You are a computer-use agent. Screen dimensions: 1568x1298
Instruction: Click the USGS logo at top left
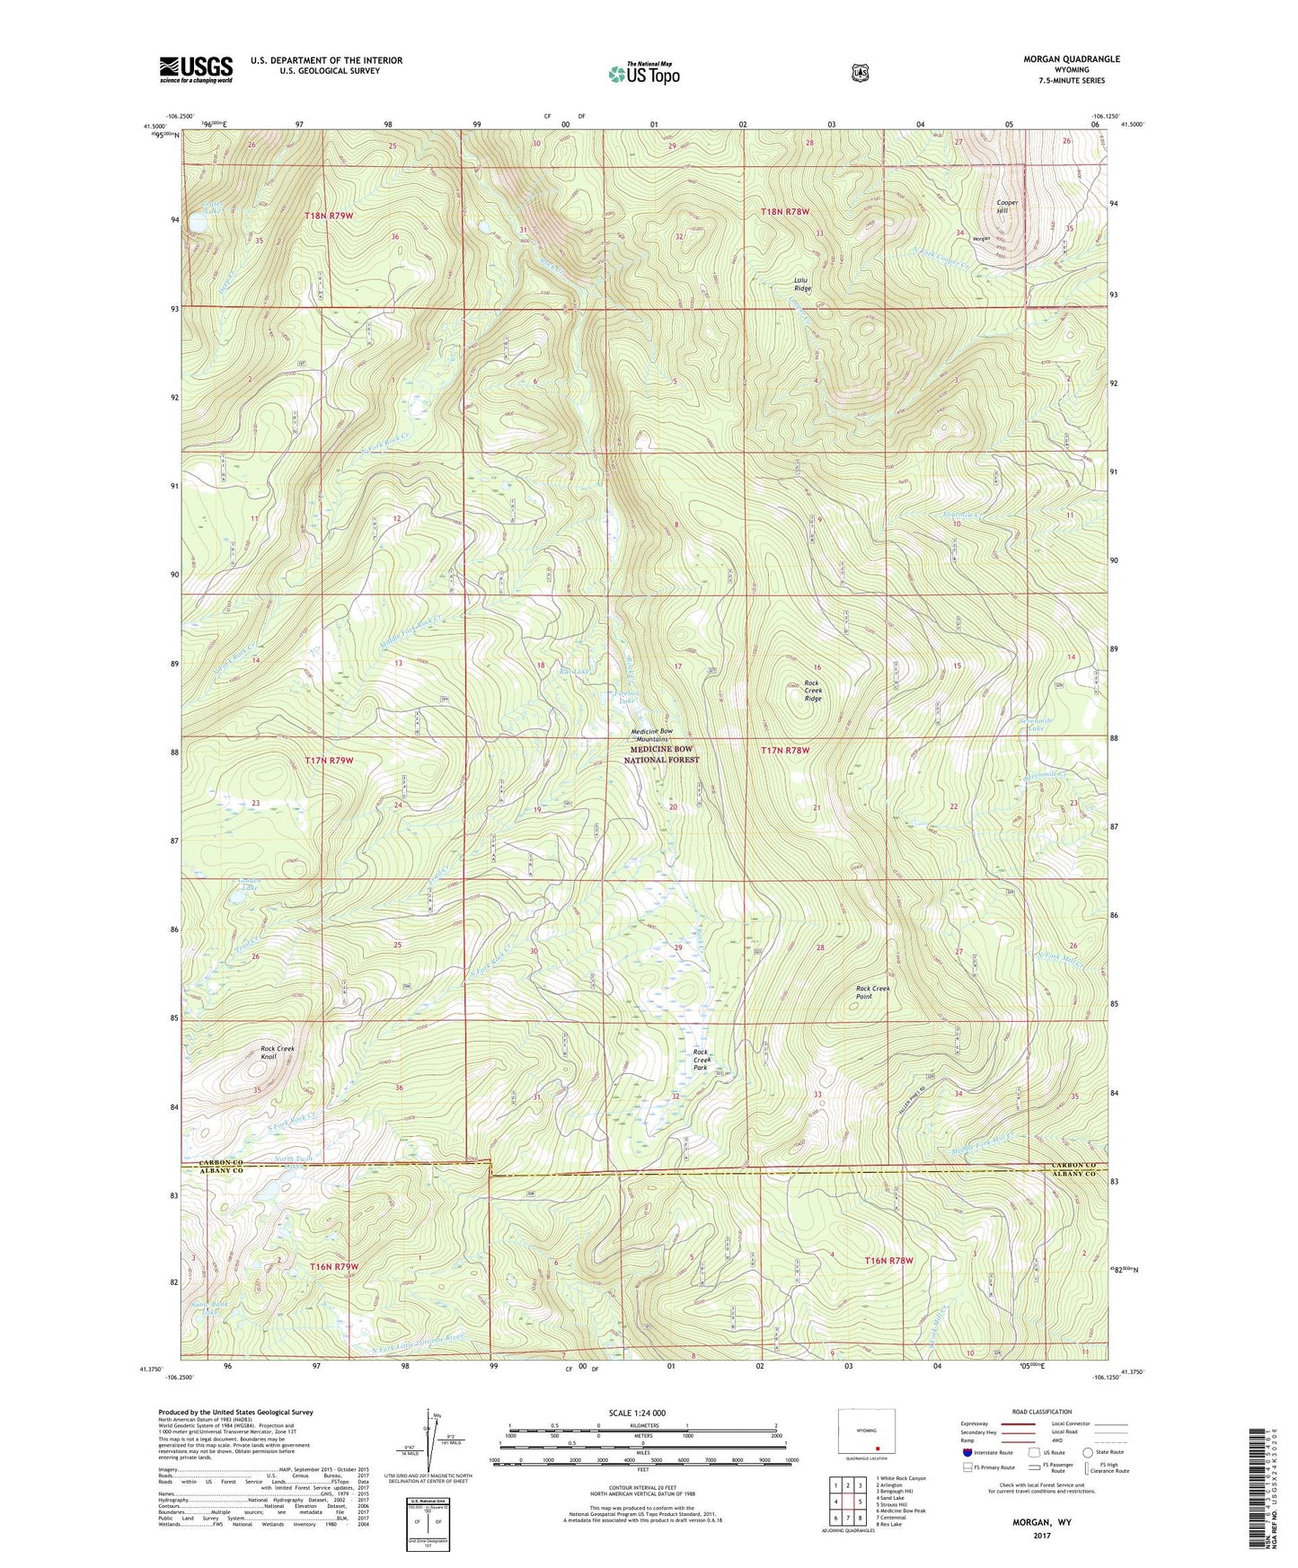tap(196, 68)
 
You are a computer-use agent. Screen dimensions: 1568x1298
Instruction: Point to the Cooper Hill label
tap(1007, 207)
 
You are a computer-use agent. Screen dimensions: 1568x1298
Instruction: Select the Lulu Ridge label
tap(802, 285)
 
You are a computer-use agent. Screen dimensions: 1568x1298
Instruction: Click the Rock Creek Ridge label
tap(812, 691)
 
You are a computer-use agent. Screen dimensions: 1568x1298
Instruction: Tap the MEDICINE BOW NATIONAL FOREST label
tap(662, 753)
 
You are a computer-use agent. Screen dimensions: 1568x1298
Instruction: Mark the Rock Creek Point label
tap(872, 992)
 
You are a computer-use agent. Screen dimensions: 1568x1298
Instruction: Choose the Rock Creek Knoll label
tap(277, 1053)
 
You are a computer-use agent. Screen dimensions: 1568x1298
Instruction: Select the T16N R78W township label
tap(889, 1261)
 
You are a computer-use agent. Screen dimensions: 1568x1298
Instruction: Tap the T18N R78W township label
tap(785, 212)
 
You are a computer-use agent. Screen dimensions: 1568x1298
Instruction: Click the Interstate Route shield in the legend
tap(967, 1451)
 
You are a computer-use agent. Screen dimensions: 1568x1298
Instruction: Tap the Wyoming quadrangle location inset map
tap(866, 1437)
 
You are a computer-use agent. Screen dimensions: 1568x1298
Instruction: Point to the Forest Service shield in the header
tap(860, 72)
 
